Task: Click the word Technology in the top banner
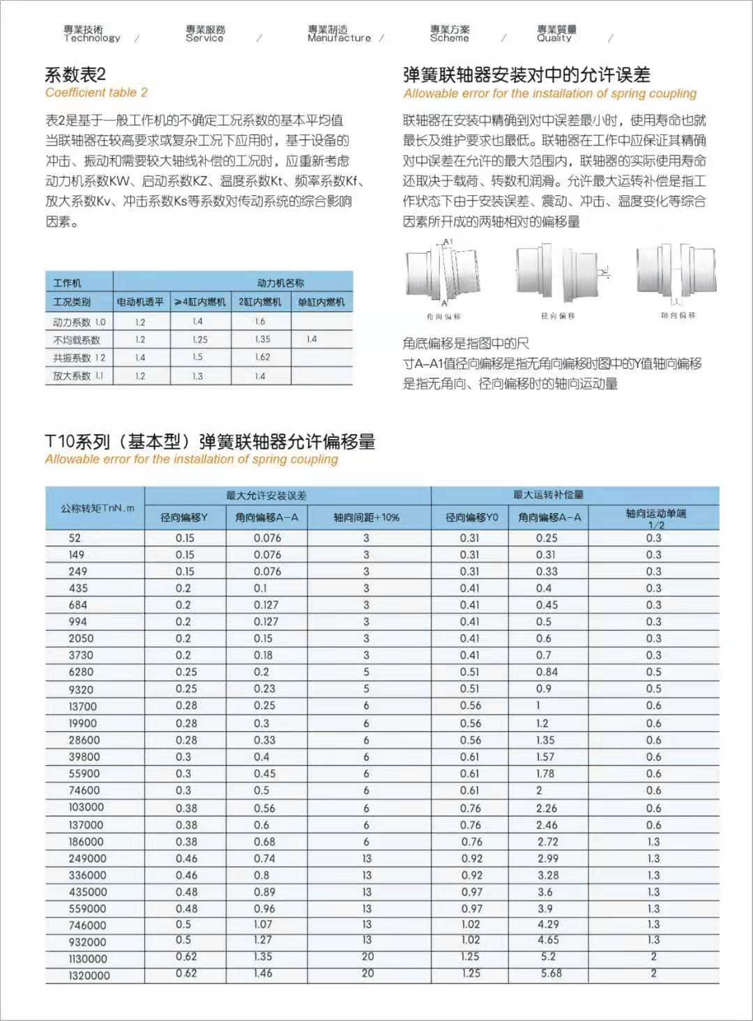(92, 38)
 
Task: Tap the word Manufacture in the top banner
(339, 38)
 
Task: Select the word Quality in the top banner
(554, 38)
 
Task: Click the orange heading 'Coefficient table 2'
(96, 93)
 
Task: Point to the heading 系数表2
(75, 75)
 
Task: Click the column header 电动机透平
(140, 302)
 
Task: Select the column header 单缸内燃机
(321, 302)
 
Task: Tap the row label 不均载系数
(77, 340)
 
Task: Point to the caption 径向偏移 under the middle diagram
(558, 316)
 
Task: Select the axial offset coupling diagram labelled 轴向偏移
(676, 272)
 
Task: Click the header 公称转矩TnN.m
(97, 508)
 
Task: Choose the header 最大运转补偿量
(548, 495)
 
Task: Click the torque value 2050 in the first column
(81, 638)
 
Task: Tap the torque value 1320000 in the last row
(89, 976)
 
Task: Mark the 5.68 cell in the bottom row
(551, 974)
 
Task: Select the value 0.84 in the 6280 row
(547, 672)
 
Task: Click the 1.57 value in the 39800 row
(545, 757)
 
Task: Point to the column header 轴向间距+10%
(366, 517)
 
